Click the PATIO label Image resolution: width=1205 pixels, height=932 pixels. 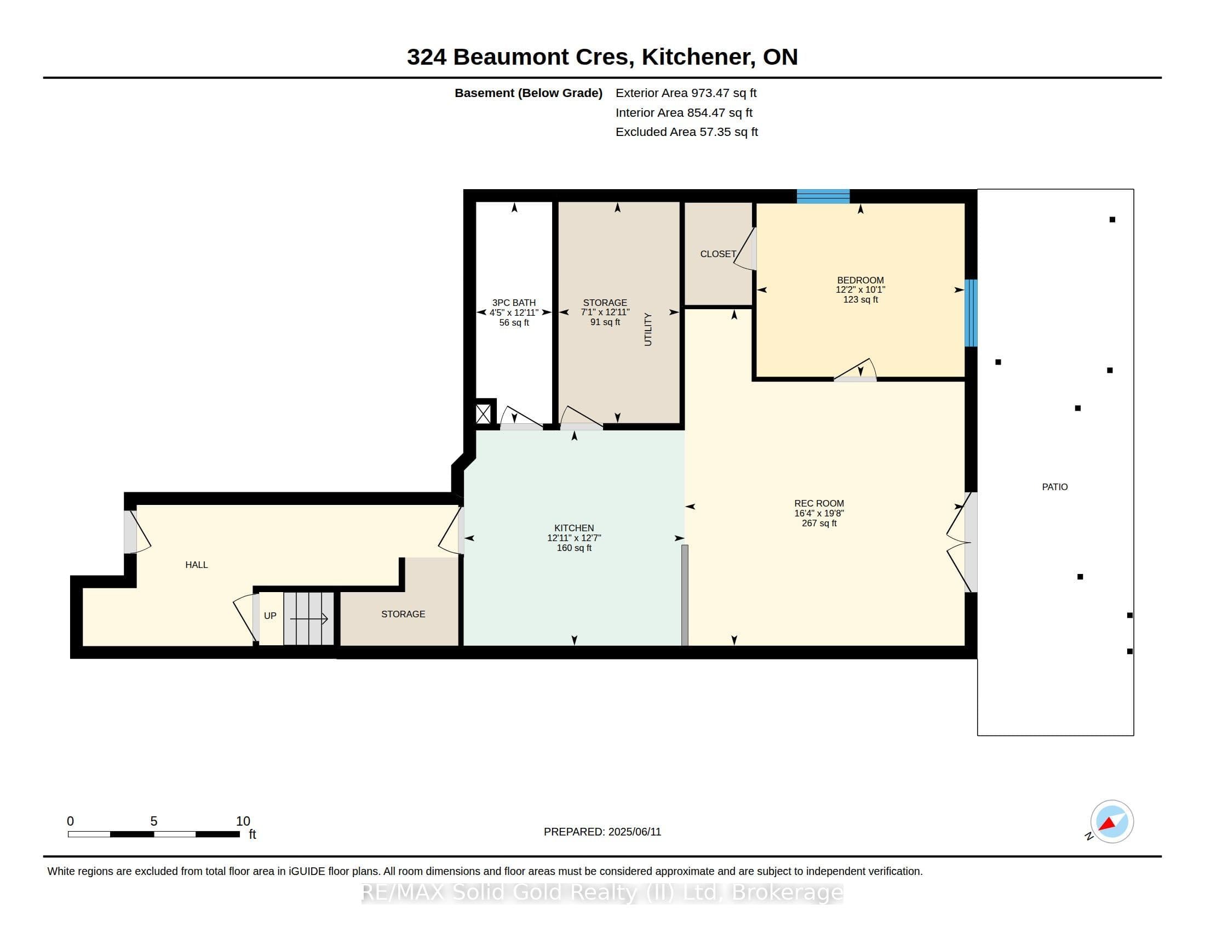[1054, 487]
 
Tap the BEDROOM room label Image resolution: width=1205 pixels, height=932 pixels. [860, 280]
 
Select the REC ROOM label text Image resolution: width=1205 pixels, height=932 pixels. [819, 503]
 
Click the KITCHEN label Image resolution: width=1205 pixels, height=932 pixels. [574, 528]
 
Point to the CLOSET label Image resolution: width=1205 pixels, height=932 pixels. [718, 254]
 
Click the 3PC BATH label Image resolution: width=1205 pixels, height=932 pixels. [514, 303]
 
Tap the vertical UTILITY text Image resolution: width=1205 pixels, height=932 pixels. [648, 329]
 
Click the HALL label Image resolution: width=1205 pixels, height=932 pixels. [197, 565]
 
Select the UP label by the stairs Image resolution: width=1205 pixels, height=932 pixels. [270, 616]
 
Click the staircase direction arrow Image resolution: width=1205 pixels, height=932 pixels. [309, 619]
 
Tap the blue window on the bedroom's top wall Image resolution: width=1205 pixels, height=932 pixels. [823, 197]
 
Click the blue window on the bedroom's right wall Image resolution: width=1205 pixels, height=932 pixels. [971, 313]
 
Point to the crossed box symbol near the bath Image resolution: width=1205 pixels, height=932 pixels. [483, 414]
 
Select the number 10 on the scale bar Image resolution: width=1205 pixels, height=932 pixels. [243, 821]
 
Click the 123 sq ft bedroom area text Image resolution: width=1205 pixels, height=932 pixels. [860, 299]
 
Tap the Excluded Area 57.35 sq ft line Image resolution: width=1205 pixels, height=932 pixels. [686, 132]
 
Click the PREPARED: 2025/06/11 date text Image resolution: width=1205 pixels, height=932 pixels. [602, 832]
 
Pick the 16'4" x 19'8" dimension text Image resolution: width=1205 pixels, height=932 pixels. [819, 513]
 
